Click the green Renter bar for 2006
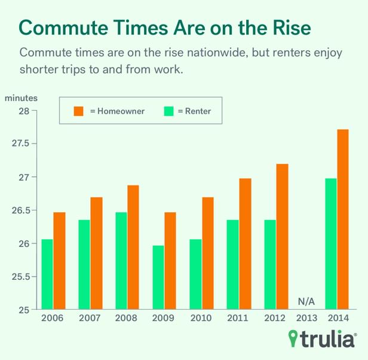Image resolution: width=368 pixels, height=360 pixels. [x=47, y=274]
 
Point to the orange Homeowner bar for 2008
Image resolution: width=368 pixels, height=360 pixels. [x=133, y=248]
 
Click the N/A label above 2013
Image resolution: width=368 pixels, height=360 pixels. [x=306, y=301]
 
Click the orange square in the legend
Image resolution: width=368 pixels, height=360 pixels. [x=78, y=111]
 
